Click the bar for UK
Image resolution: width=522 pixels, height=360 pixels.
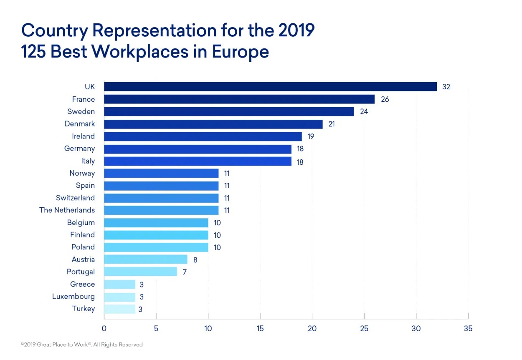pyautogui.click(x=270, y=87)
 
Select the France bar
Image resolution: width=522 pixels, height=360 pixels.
pyautogui.click(x=239, y=99)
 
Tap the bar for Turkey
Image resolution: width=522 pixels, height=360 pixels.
pyautogui.click(x=119, y=309)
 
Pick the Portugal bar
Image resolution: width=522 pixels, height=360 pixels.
pyautogui.click(x=140, y=272)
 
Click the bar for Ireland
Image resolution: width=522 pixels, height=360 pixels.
pyautogui.click(x=203, y=136)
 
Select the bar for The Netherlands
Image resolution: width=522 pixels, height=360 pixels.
pyautogui.click(x=161, y=210)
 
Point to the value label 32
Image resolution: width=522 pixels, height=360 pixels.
pyautogui.click(x=446, y=87)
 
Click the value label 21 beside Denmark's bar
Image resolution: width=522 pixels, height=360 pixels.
pyautogui.click(x=332, y=124)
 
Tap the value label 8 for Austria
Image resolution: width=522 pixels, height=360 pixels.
pyautogui.click(x=195, y=259)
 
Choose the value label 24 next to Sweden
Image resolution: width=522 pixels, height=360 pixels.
pyautogui.click(x=364, y=112)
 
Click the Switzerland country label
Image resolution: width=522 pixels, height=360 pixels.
pyautogui.click(x=75, y=198)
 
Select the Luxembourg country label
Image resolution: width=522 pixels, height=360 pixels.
pyautogui.click(x=73, y=297)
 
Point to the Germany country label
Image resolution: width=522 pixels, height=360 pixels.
pyautogui.click(x=79, y=149)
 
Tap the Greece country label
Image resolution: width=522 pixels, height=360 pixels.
pyautogui.click(x=83, y=284)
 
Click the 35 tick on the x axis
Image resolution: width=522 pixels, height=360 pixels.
pyautogui.click(x=468, y=329)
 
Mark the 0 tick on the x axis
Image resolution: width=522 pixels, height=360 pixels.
pyautogui.click(x=104, y=329)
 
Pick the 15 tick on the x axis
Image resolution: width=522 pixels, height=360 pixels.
pyautogui.click(x=260, y=329)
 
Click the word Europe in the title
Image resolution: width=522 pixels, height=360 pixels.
pyautogui.click(x=240, y=52)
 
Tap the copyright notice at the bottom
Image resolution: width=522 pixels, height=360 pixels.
pyautogui.click(x=82, y=345)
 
